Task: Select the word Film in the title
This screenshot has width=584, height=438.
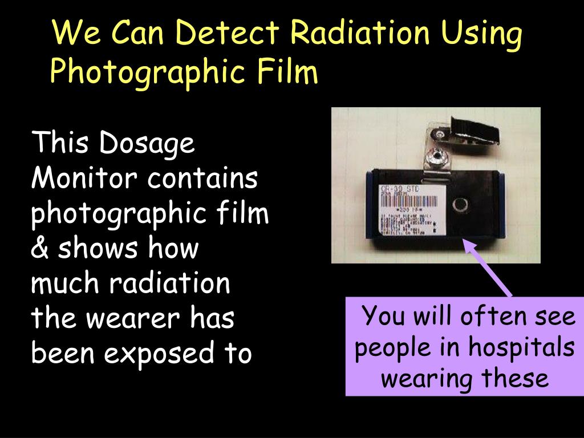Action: [x=287, y=72]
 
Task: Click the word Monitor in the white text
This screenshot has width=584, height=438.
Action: [x=86, y=180]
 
